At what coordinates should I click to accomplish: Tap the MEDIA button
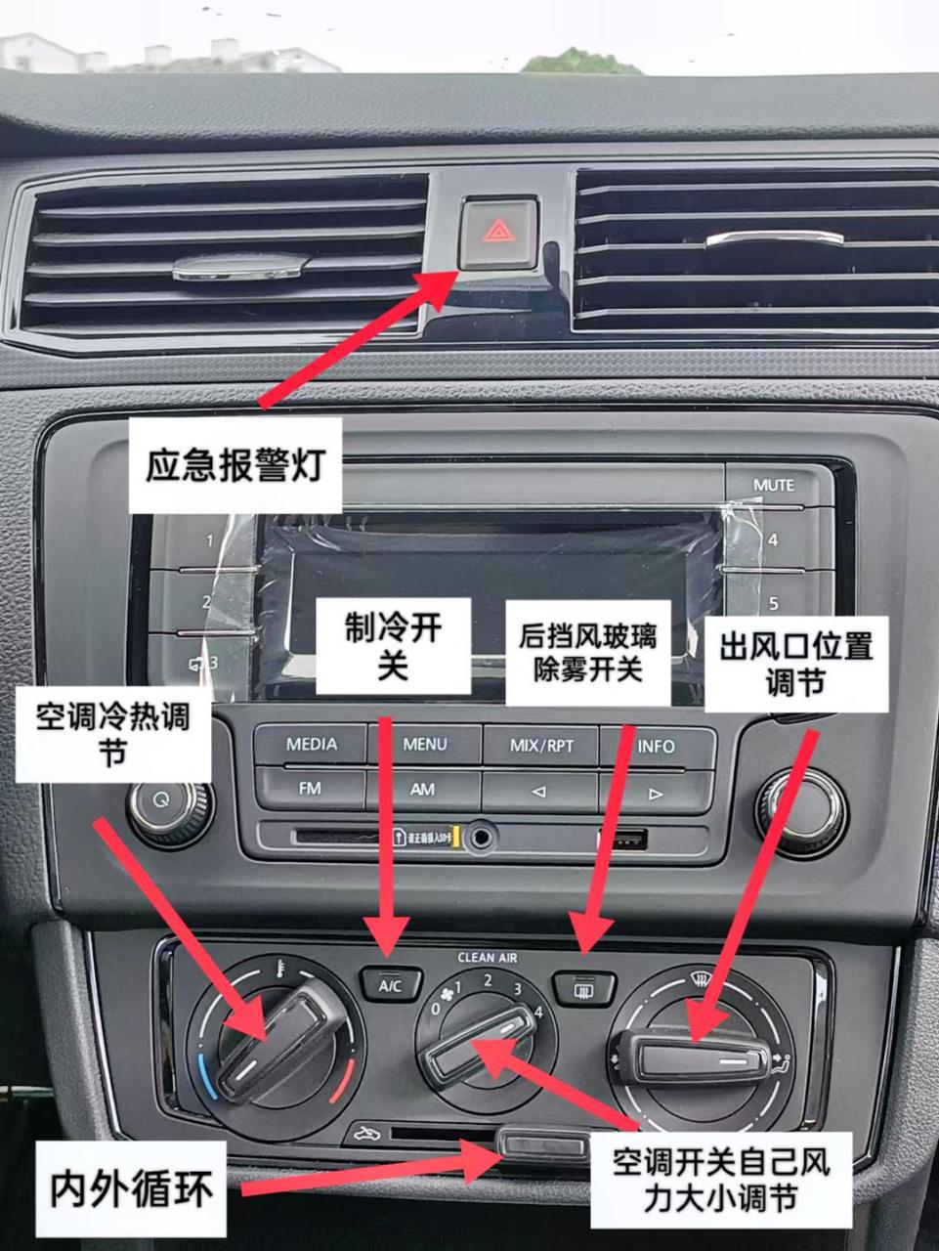pos(311,745)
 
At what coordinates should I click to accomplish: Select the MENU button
pos(425,745)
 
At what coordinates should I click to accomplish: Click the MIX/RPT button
pos(541,746)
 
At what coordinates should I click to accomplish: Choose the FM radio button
pos(310,788)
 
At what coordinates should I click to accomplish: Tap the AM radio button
pos(423,789)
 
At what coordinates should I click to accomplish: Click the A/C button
pos(390,985)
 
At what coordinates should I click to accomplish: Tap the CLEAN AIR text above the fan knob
pos(488,958)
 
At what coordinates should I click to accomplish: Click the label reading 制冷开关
pos(391,648)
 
